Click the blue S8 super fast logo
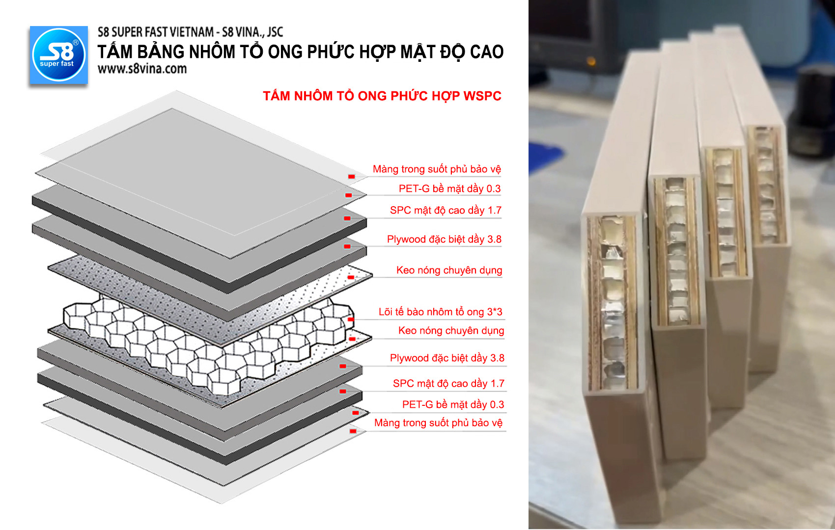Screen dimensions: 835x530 click(58, 55)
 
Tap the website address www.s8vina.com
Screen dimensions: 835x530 click(142, 69)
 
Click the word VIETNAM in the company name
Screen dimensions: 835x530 click(193, 32)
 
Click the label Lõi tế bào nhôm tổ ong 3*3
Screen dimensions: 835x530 click(440, 312)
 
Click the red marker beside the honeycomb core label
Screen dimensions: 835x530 click(351, 319)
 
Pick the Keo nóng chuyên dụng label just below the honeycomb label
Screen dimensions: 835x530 click(451, 331)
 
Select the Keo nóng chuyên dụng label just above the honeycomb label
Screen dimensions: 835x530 click(449, 270)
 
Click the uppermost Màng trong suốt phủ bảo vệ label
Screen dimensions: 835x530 click(437, 169)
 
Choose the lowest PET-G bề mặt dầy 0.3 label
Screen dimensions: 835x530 click(453, 404)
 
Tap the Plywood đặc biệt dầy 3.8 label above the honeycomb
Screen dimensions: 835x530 click(444, 239)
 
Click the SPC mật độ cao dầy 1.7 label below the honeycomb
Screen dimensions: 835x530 click(448, 383)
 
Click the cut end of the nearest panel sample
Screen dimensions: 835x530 click(612, 302)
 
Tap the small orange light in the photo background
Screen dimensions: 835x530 click(591, 61)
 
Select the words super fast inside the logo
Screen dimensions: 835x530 click(56, 64)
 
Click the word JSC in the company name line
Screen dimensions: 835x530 click(275, 32)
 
